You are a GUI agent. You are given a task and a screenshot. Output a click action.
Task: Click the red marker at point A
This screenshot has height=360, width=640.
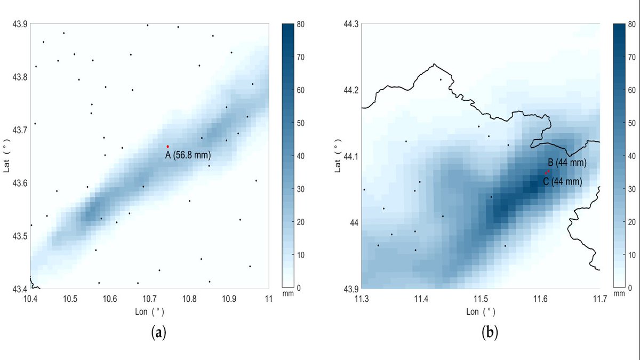[x=167, y=146]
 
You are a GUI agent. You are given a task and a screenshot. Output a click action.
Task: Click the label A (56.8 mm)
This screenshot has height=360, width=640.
[x=188, y=156]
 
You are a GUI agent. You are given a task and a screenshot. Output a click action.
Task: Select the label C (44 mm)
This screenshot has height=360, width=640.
[x=563, y=182]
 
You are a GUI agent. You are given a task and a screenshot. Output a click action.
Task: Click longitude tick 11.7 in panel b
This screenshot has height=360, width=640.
[x=600, y=299]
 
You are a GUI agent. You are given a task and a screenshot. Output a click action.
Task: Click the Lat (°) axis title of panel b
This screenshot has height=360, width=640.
[x=337, y=156]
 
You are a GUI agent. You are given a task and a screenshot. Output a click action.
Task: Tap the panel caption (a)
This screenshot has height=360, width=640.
[x=159, y=333]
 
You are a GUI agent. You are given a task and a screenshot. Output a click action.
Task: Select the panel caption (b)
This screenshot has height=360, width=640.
[x=490, y=333]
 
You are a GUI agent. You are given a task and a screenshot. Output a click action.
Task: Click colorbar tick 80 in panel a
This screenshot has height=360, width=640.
[x=300, y=24]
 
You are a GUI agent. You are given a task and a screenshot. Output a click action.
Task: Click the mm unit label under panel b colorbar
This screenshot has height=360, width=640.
[x=619, y=294]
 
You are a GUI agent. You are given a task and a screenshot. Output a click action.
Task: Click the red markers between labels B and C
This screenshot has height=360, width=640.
[x=547, y=172]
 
